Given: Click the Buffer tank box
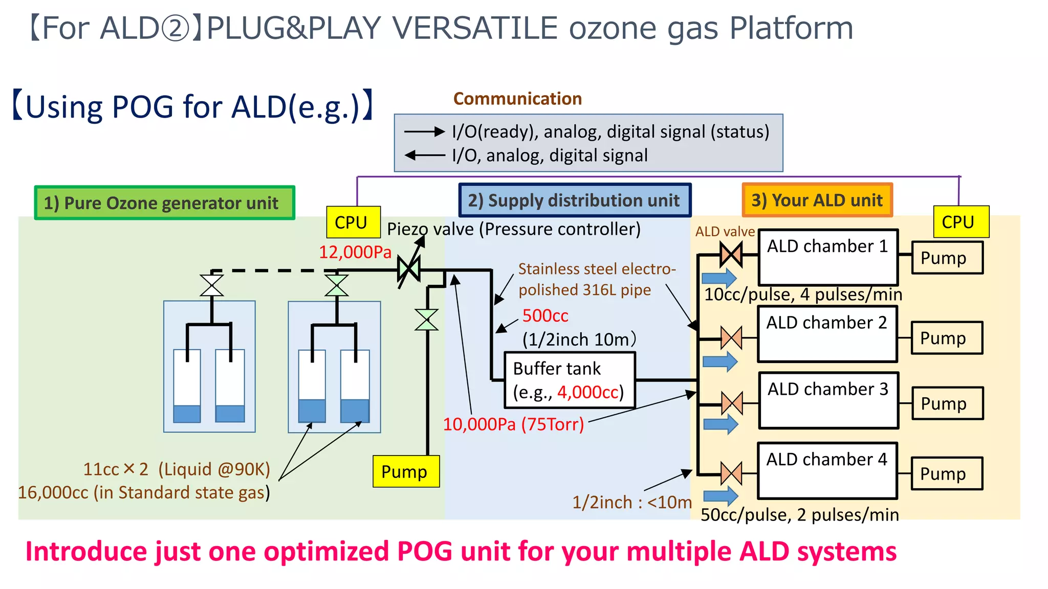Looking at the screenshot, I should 570,380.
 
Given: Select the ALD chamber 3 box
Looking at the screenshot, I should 828,400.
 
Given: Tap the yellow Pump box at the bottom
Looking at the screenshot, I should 406,471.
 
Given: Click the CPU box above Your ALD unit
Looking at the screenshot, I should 960,222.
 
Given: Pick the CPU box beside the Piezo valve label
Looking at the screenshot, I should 353,222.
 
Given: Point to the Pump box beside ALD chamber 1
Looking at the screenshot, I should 947,258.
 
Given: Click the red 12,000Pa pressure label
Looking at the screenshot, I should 355,252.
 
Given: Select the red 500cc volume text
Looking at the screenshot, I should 545,315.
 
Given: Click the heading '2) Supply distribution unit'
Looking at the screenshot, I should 574,200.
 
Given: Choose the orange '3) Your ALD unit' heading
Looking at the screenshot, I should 817,200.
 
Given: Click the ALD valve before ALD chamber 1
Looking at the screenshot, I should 731,254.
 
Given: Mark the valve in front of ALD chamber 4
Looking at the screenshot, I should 731,473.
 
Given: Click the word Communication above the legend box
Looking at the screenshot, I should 517,99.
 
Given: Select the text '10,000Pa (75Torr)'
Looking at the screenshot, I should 513,424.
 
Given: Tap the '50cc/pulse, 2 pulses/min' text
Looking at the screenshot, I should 799,514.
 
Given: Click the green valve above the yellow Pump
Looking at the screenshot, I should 426,320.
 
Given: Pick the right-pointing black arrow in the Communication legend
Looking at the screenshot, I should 424,132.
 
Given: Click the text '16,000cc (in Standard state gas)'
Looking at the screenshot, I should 144,492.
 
